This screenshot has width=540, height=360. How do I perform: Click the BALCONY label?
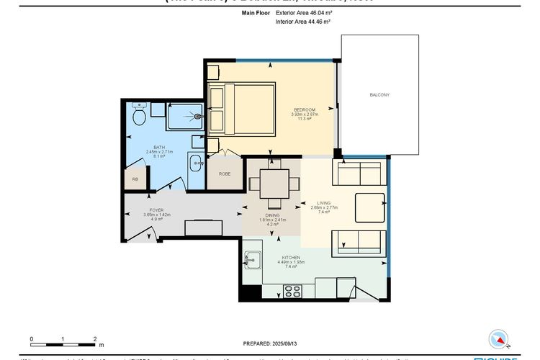[x=379, y=95]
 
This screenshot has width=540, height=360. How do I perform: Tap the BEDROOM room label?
[x=305, y=109]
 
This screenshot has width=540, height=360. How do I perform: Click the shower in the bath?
[x=185, y=117]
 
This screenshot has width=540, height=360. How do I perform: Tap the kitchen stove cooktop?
[x=293, y=291]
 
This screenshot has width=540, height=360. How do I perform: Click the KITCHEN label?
[x=291, y=257]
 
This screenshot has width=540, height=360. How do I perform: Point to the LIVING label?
[x=320, y=204]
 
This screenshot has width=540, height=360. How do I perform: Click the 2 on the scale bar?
[x=95, y=338]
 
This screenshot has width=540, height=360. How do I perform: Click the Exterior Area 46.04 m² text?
[x=303, y=12]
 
